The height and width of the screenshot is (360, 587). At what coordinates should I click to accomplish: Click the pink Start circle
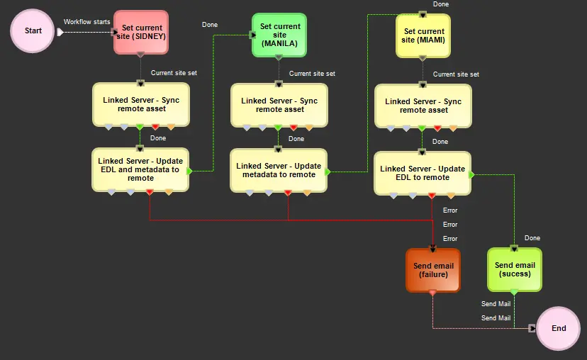pyautogui.click(x=32, y=30)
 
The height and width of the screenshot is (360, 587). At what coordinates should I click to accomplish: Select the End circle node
pyautogui.click(x=558, y=328)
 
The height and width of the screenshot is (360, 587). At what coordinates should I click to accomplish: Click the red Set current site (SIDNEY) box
pyautogui.click(x=141, y=32)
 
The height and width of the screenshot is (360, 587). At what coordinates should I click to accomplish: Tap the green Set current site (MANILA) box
pyautogui.click(x=279, y=35)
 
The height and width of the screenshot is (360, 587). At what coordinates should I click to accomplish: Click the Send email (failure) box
pyautogui.click(x=433, y=270)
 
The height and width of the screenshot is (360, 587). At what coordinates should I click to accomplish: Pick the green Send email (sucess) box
pyautogui.click(x=515, y=269)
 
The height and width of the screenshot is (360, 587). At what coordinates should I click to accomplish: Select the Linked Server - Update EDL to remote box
pyautogui.click(x=423, y=173)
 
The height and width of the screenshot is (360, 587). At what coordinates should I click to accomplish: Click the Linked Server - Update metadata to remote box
pyautogui.click(x=279, y=170)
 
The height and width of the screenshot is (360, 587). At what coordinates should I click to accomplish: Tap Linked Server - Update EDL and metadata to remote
pyautogui.click(x=140, y=169)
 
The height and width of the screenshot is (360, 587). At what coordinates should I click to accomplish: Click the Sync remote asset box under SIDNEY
pyautogui.click(x=141, y=105)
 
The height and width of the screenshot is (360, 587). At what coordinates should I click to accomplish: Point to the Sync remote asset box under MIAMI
pyautogui.click(x=423, y=106)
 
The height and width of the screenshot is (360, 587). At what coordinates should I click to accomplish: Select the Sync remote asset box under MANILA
pyautogui.click(x=279, y=105)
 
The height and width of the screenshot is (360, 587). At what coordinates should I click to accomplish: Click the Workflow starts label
pyautogui.click(x=87, y=22)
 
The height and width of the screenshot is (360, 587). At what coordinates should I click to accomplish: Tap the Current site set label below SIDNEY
pyautogui.click(x=174, y=72)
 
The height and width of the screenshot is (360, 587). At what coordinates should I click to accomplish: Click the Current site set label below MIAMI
pyautogui.click(x=456, y=74)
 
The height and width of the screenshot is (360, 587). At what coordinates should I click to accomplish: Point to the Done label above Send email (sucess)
pyautogui.click(x=532, y=238)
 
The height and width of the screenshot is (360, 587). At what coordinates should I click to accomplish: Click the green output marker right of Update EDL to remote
pyautogui.click(x=472, y=174)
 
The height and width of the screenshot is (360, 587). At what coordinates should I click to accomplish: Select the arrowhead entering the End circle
pyautogui.click(x=532, y=328)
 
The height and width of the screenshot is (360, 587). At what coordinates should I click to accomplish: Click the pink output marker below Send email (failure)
pyautogui.click(x=432, y=293)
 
